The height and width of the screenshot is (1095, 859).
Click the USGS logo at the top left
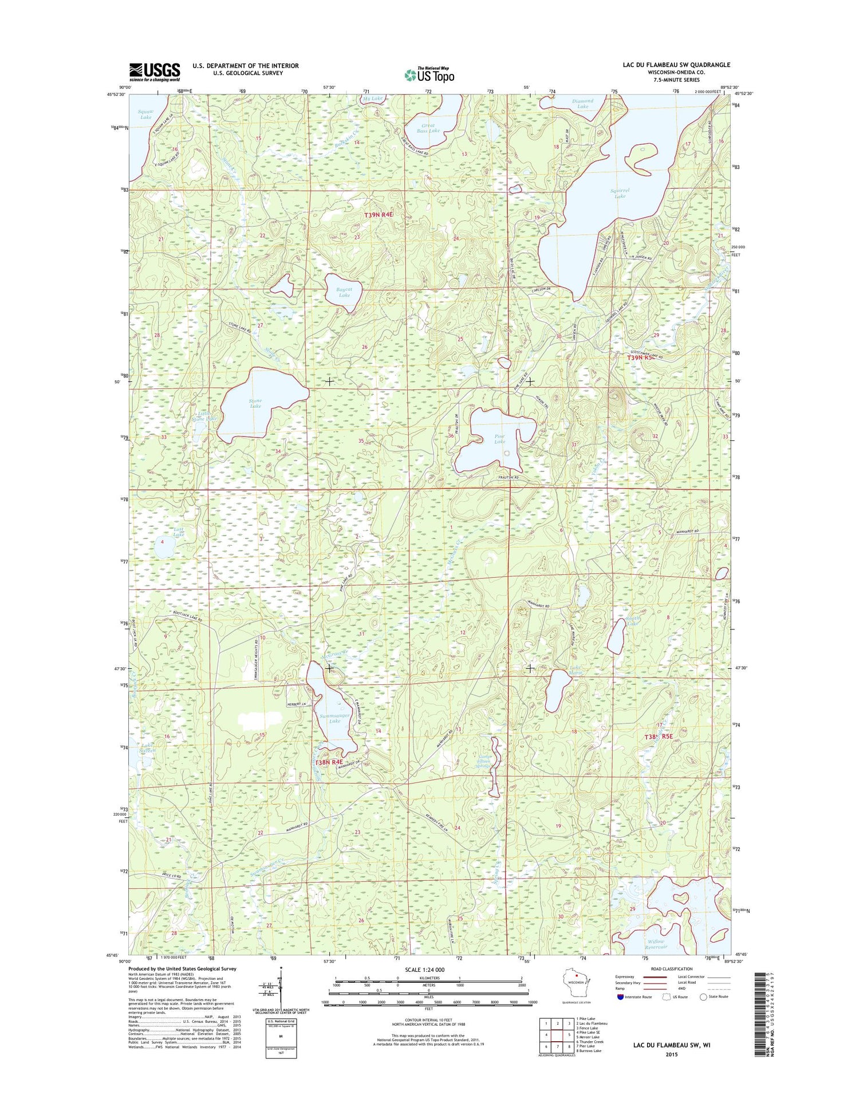click(154, 72)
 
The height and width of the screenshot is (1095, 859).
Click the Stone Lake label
click(255, 403)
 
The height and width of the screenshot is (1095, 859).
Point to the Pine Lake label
click(499, 439)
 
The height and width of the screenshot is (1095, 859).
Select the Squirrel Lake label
click(620, 193)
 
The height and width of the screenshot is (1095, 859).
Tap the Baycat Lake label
click(344, 292)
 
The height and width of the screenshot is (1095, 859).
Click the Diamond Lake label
click(582, 104)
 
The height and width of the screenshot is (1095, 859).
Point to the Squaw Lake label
click(145, 114)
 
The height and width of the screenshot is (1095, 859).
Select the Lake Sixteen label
click(148, 747)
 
